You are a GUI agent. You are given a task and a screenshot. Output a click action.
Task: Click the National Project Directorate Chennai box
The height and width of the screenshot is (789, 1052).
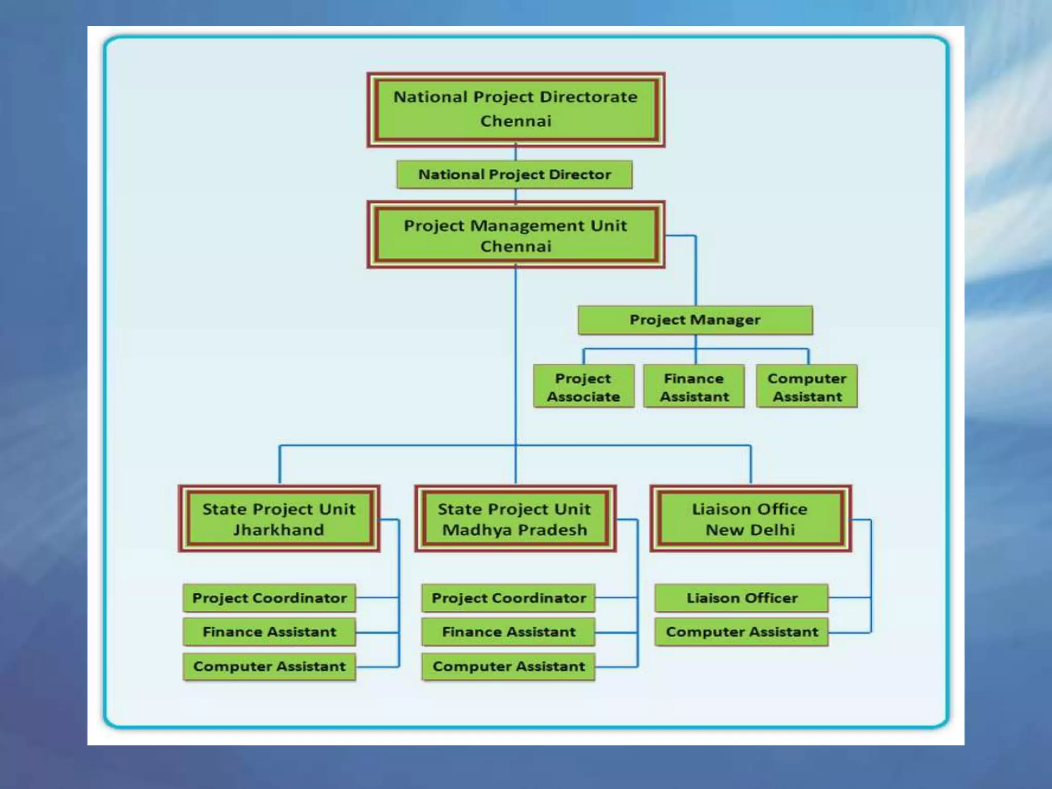point(516,109)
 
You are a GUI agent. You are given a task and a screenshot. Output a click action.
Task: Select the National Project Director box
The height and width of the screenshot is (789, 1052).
point(515,175)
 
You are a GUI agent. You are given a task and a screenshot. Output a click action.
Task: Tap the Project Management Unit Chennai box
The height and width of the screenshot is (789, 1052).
point(516,235)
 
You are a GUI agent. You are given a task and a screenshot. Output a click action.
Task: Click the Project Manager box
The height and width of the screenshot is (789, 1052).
point(695,320)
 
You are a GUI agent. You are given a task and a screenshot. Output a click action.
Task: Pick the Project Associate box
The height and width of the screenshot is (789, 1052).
point(584,387)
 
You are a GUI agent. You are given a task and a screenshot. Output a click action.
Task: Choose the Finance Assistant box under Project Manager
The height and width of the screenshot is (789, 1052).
point(694,387)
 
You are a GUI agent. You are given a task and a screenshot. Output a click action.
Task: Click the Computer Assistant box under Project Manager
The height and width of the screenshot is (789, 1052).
point(807,387)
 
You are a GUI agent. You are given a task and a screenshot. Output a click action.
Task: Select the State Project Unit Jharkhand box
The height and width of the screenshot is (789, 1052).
point(279,519)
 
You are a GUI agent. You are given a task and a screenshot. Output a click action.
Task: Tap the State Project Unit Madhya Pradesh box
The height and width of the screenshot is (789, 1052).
point(515,519)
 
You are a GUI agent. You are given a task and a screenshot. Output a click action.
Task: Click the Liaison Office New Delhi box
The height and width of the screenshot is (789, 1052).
point(750,519)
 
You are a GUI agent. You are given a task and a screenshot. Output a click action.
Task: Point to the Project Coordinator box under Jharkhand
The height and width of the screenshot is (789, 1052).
point(270,598)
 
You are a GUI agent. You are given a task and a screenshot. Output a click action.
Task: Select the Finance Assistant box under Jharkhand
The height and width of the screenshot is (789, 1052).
point(270,632)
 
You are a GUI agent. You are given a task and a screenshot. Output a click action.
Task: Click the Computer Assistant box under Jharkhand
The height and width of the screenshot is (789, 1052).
point(270,666)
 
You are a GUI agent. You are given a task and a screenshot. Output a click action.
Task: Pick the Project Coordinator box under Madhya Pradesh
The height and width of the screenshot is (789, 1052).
point(509,598)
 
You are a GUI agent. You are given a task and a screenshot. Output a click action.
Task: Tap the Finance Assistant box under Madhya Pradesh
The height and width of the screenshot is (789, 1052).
point(509,632)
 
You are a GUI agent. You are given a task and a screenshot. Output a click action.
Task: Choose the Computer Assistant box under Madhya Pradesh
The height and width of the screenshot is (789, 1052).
point(509,666)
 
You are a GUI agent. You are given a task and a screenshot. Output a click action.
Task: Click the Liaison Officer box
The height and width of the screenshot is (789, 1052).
point(742,598)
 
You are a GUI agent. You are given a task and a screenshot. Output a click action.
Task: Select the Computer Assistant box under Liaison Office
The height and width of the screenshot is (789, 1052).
point(742,632)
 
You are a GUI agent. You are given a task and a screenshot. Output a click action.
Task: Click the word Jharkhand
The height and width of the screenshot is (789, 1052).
point(279,530)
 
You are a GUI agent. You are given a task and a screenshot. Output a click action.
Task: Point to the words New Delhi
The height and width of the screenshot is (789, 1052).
point(750,530)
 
